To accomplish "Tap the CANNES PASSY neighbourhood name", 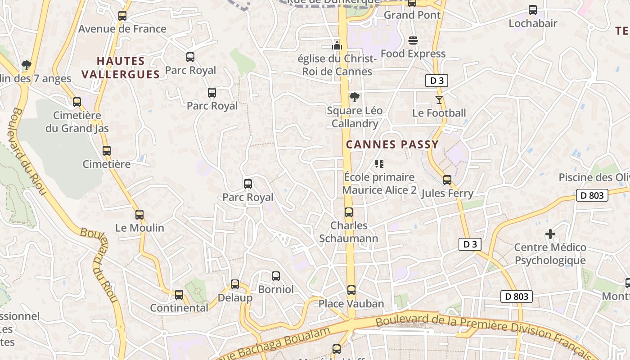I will pos(392,144).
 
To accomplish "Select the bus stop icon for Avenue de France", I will pos(122,16).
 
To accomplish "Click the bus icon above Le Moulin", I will pos(139,215).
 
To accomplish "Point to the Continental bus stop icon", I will pos(179,295).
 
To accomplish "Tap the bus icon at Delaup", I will pos(235,284).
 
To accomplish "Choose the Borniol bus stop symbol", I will pos(276,276).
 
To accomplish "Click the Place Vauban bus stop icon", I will pos(351,290).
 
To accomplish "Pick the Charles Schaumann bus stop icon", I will pos(349,212).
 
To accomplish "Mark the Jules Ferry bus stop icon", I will pos(447,180).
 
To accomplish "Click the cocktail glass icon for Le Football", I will pos(439,99).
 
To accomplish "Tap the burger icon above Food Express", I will pos(413,40).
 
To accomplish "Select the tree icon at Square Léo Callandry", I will pos(355,97).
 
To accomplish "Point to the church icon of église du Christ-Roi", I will pos(337,45).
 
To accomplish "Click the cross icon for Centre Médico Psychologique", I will pos(550,234).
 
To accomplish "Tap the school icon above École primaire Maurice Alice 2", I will pos(379,164).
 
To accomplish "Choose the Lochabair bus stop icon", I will pos(533,10).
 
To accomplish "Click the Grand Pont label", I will pos(412,15).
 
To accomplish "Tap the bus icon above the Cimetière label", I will pos(107,151).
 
